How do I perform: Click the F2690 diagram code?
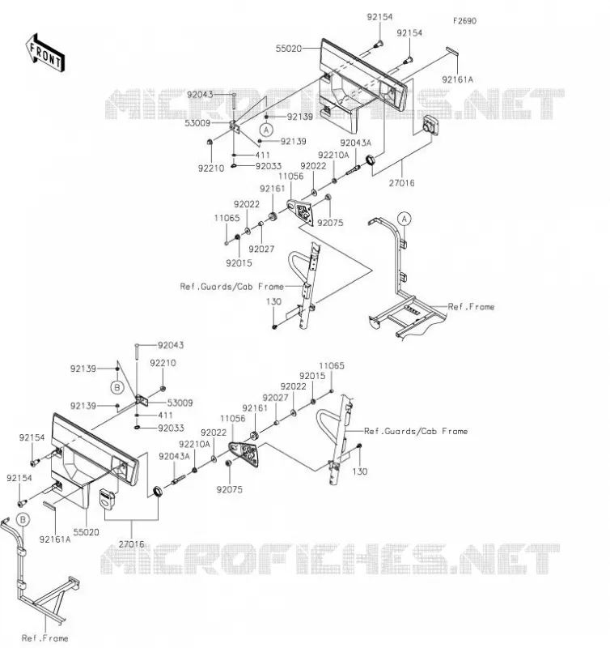coord(464,21)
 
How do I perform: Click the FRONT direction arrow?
coord(45,53)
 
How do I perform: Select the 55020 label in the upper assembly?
coord(289,49)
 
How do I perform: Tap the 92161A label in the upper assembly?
coord(458,79)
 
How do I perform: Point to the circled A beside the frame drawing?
coord(404,218)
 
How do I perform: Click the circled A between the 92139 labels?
coord(267,130)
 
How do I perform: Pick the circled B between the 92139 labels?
coord(117,388)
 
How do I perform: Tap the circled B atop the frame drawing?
coord(23,519)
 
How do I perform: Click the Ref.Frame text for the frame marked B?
coord(44,638)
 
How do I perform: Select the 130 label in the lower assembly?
coord(360,471)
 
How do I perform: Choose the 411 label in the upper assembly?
coord(262,155)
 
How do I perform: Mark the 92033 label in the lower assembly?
coord(171,428)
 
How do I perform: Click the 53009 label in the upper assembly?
coord(197,123)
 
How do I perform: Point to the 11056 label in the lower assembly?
coord(233,418)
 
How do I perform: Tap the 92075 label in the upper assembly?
coord(330,223)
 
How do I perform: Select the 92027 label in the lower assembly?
coord(275,398)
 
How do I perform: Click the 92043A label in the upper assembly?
coord(356,143)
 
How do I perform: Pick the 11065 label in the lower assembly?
coord(332,365)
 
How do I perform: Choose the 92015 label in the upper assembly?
coord(239,262)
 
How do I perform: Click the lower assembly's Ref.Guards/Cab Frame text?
coord(416,431)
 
